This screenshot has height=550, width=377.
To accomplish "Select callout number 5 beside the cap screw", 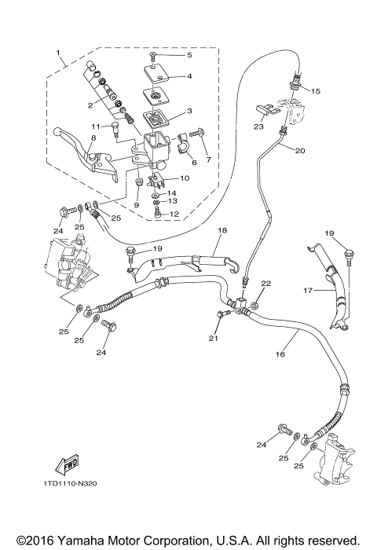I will (x=188, y=56).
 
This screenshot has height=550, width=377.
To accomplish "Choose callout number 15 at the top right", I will (x=317, y=91).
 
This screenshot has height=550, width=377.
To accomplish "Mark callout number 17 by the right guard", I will (x=307, y=290).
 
